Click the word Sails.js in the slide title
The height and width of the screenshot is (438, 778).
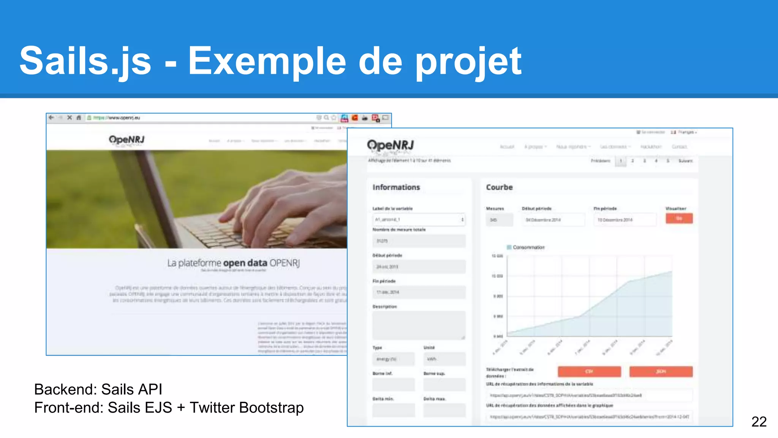click(x=85, y=61)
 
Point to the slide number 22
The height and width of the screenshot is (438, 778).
click(x=759, y=422)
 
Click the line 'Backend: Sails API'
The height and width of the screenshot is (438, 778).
click(x=98, y=389)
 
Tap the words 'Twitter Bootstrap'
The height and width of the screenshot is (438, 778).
click(x=247, y=408)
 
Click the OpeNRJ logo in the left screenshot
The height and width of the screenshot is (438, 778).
click(x=127, y=140)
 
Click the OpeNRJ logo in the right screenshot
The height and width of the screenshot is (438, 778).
click(x=390, y=146)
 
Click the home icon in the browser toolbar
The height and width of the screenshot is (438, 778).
click(x=79, y=118)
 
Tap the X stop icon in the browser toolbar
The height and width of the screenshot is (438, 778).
click(x=69, y=118)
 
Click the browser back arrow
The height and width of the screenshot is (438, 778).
click(x=51, y=118)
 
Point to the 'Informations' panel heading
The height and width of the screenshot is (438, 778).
click(x=396, y=187)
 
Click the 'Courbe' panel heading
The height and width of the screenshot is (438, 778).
click(x=499, y=187)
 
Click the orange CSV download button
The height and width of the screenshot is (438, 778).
click(x=589, y=371)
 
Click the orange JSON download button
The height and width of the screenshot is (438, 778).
click(x=661, y=371)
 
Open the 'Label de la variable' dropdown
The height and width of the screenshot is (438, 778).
click(x=419, y=220)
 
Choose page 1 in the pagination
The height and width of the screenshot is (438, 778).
click(x=621, y=161)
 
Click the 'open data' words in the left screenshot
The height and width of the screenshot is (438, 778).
click(x=245, y=263)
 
